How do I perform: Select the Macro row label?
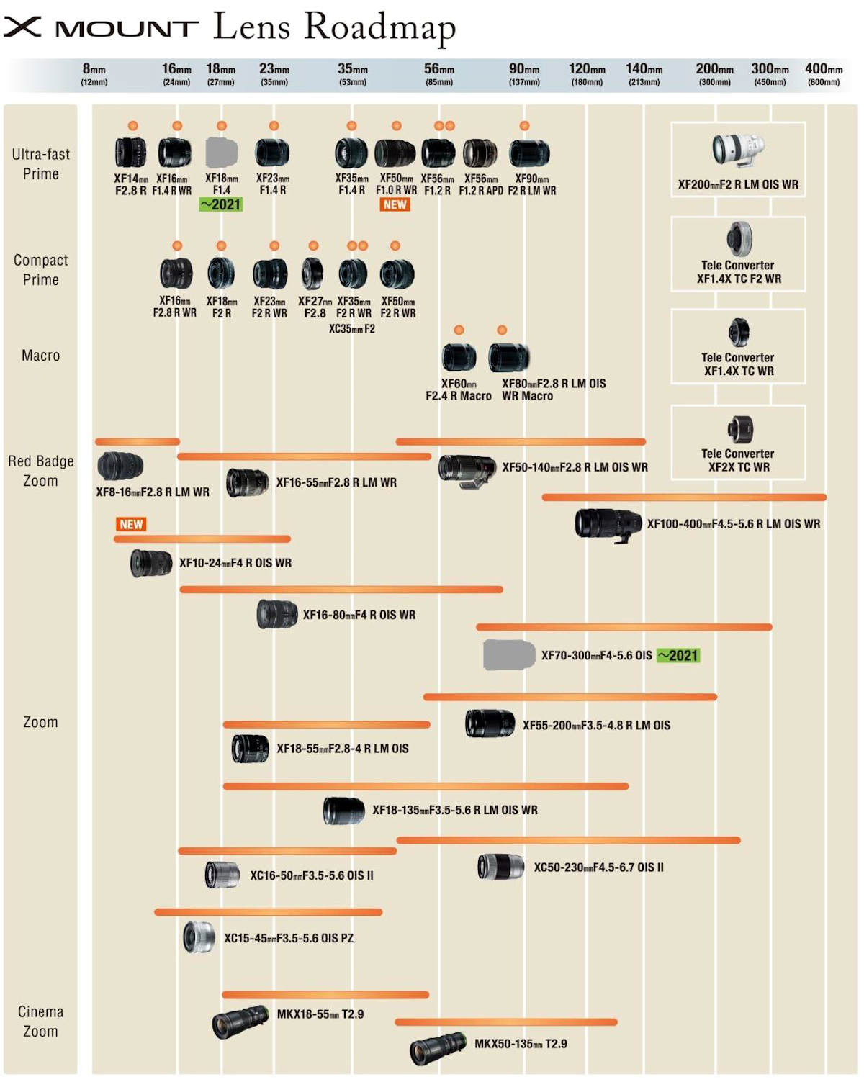(41, 356)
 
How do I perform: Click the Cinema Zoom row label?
(41, 1021)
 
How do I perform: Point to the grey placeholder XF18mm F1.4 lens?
(222, 153)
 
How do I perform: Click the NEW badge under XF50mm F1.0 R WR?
(395, 205)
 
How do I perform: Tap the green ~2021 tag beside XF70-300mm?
(678, 655)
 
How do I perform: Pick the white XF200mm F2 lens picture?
(737, 150)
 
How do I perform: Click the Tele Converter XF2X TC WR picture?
(739, 430)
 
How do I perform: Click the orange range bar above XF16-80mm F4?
(341, 590)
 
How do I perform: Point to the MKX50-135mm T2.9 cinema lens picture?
(438, 1047)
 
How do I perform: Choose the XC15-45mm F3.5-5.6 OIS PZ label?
(288, 938)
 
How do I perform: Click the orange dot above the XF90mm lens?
(524, 126)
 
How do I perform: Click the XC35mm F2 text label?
(351, 329)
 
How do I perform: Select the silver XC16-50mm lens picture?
(222, 875)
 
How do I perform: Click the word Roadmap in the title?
(379, 27)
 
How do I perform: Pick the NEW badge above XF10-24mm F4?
(131, 524)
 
